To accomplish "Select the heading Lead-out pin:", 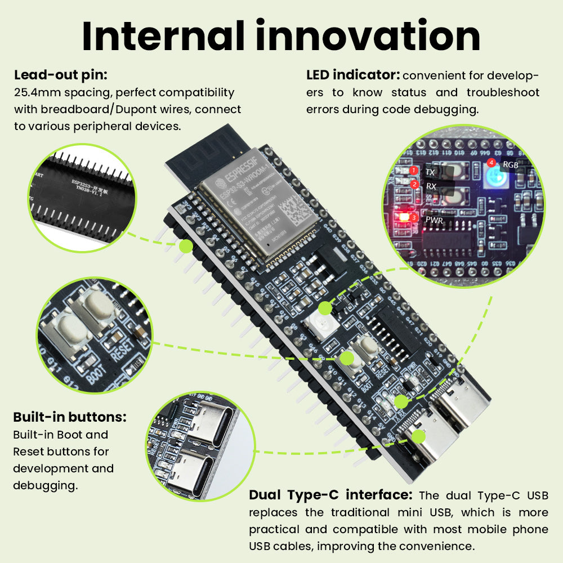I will click(x=60, y=75).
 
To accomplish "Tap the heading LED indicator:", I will click(x=352, y=75).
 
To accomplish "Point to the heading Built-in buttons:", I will click(x=69, y=417).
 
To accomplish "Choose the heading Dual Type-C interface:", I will click(x=331, y=495).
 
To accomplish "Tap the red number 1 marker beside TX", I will click(x=414, y=170).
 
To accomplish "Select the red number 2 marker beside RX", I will click(x=414, y=184).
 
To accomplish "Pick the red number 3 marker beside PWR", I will click(x=414, y=217).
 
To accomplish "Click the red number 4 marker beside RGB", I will click(x=491, y=163).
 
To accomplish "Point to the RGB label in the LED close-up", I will click(x=510, y=166).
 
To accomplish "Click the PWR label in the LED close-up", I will click(x=434, y=220).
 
